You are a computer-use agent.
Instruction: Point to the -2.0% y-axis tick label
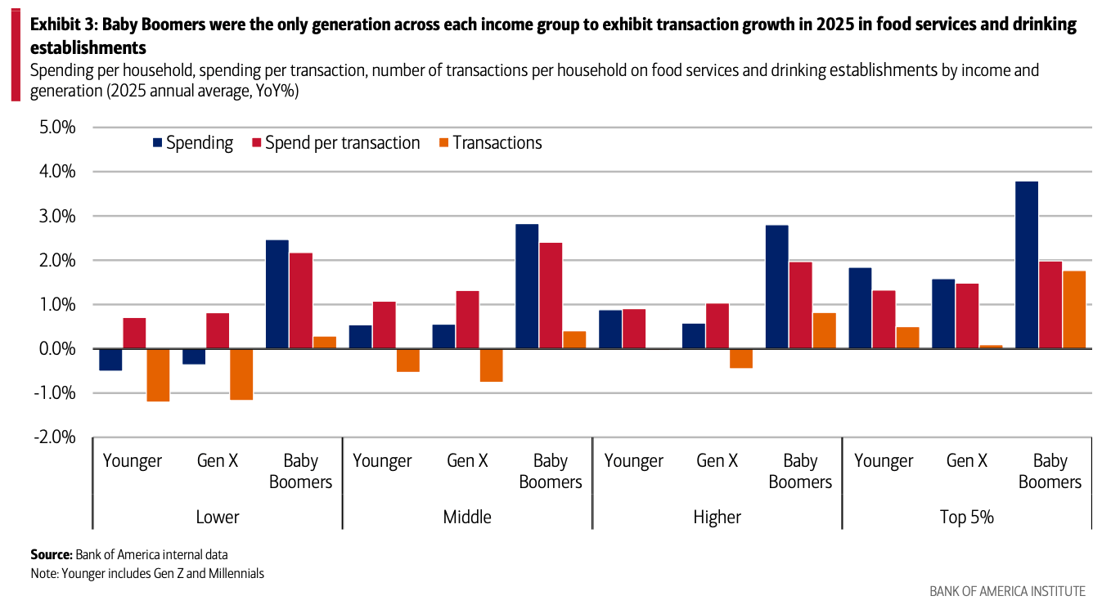pos(54,437)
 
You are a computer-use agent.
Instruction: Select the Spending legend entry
pos(192,143)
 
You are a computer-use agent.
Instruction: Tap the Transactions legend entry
pos(489,143)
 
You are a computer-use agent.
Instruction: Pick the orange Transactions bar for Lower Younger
pos(158,375)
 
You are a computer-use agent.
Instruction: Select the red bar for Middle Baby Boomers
pos(550,296)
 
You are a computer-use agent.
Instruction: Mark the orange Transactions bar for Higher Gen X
pos(741,358)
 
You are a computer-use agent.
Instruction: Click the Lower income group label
pos(218,517)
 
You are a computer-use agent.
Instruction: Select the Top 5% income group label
pos(966,517)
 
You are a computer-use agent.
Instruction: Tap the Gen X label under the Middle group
pos(467,461)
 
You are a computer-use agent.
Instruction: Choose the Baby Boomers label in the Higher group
pos(799,471)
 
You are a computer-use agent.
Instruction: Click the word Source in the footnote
pos(51,555)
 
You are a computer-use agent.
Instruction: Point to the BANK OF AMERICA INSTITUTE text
pos(1007,591)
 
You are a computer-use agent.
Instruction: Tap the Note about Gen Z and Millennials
pos(147,573)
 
